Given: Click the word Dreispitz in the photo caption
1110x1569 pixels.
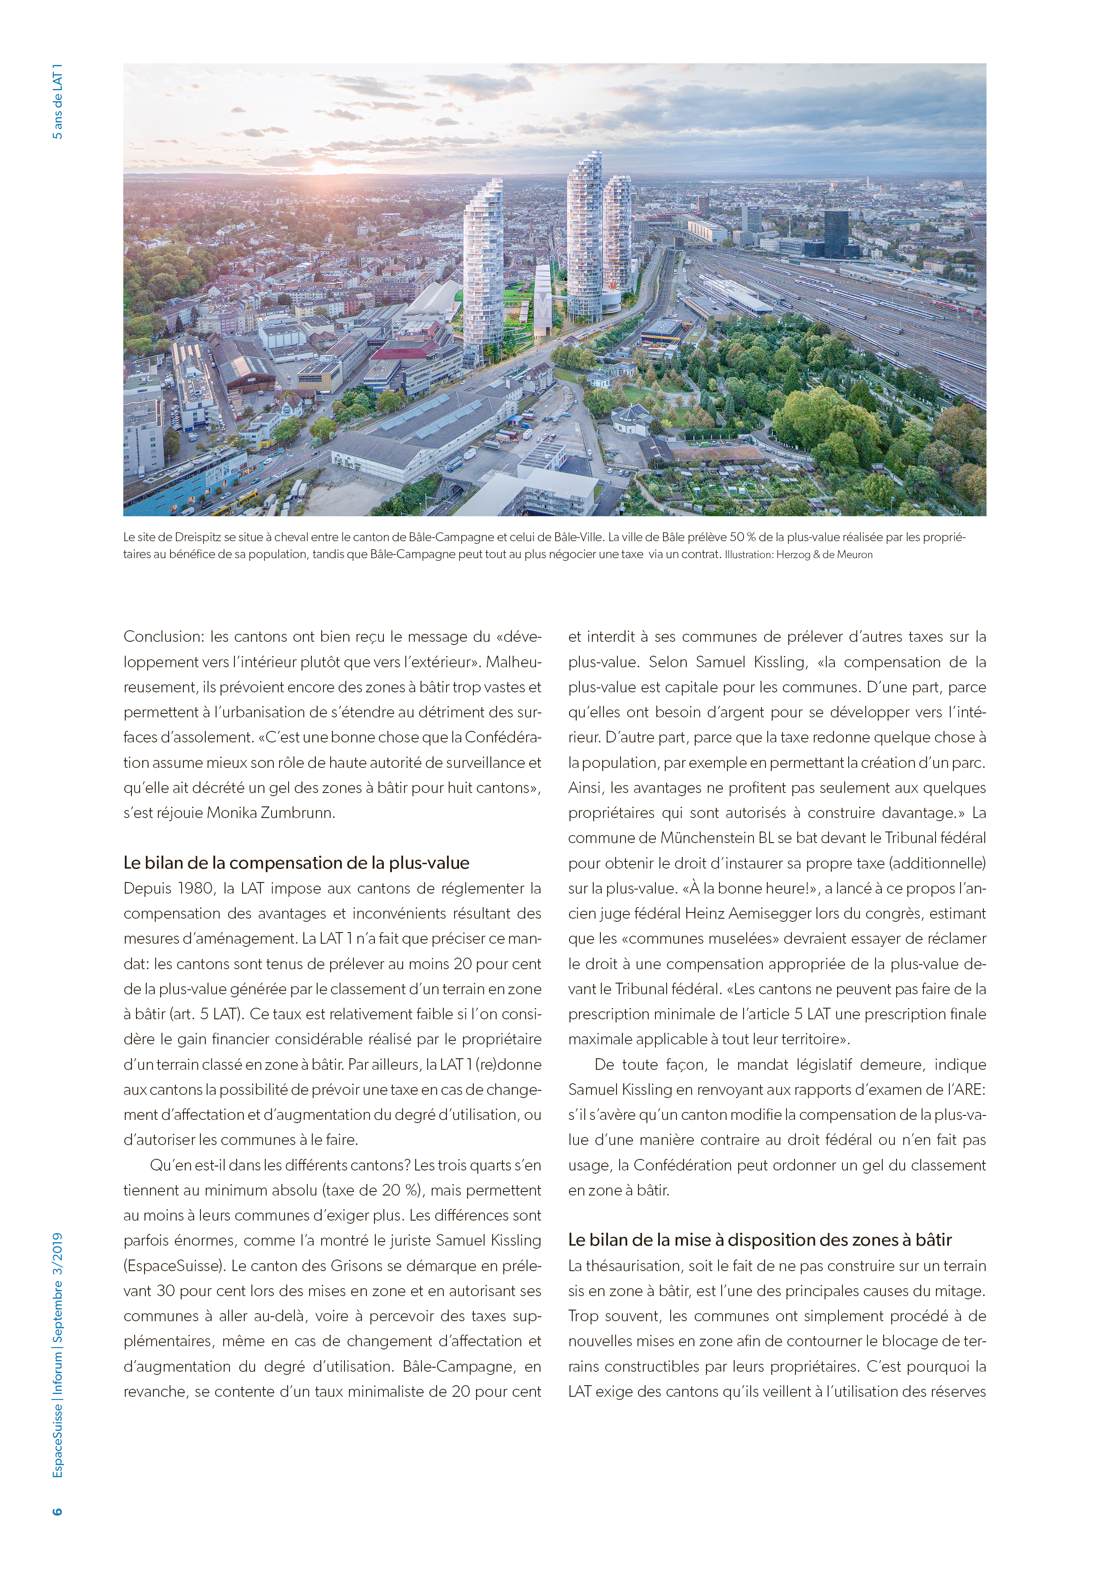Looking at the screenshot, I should click(200, 537).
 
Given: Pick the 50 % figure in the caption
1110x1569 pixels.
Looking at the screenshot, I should click(727, 537).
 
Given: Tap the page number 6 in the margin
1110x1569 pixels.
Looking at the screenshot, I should click(57, 1511).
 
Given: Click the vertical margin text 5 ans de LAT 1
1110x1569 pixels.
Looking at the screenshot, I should click(57, 102).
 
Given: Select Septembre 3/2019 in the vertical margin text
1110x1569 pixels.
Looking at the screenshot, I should click(57, 1287).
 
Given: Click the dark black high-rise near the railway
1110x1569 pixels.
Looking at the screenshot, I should click(835, 232).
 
